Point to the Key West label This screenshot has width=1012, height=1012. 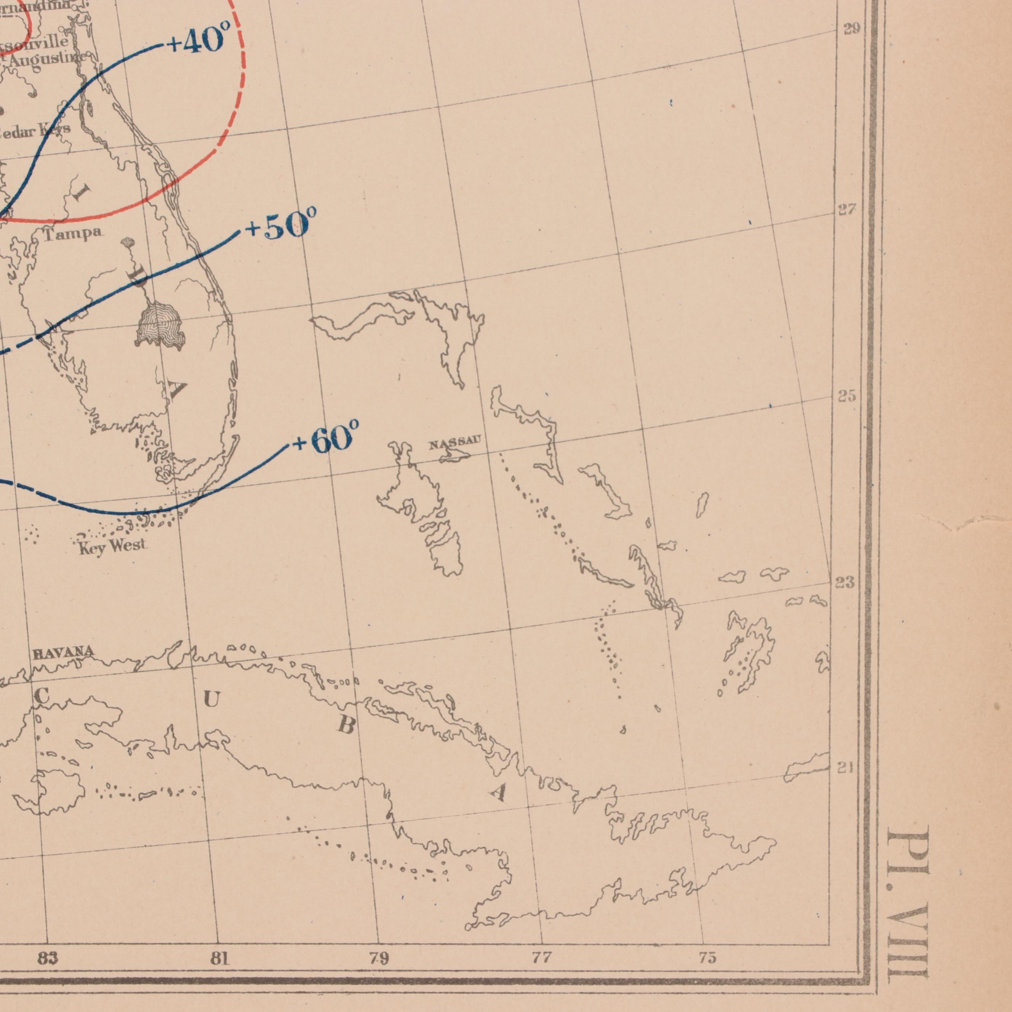click(112, 547)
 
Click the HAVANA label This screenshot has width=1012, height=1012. click(63, 653)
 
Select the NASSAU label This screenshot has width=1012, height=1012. click(454, 445)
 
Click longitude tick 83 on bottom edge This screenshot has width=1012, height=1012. click(48, 959)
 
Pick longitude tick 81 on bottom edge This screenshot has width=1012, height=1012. click(220, 959)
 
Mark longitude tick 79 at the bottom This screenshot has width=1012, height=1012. click(379, 959)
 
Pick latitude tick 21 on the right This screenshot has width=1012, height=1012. click(844, 769)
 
